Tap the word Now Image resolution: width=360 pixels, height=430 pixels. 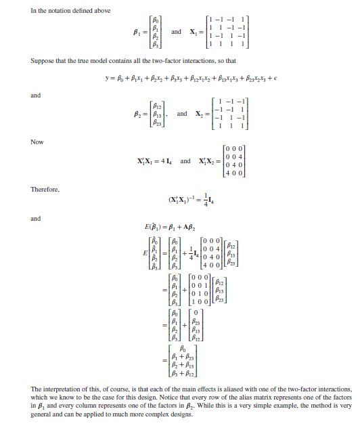pos(37,142)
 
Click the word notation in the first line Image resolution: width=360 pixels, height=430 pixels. pos(60,10)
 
